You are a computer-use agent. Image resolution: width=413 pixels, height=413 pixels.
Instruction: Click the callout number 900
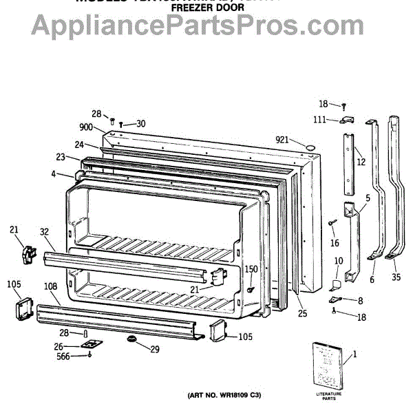pos(86,127)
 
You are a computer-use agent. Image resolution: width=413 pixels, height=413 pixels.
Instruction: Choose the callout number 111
pos(320,120)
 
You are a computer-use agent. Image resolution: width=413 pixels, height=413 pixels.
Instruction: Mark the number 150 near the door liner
pos(251,268)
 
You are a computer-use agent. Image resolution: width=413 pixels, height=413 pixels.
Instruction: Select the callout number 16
pos(335,243)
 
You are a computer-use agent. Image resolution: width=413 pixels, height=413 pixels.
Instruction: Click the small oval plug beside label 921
pos(309,147)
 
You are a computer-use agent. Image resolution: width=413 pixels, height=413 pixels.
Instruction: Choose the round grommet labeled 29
pos(130,339)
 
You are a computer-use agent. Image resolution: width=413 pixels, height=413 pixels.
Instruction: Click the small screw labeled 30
pos(121,125)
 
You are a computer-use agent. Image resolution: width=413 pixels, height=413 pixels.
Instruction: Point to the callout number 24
pos(79,145)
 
